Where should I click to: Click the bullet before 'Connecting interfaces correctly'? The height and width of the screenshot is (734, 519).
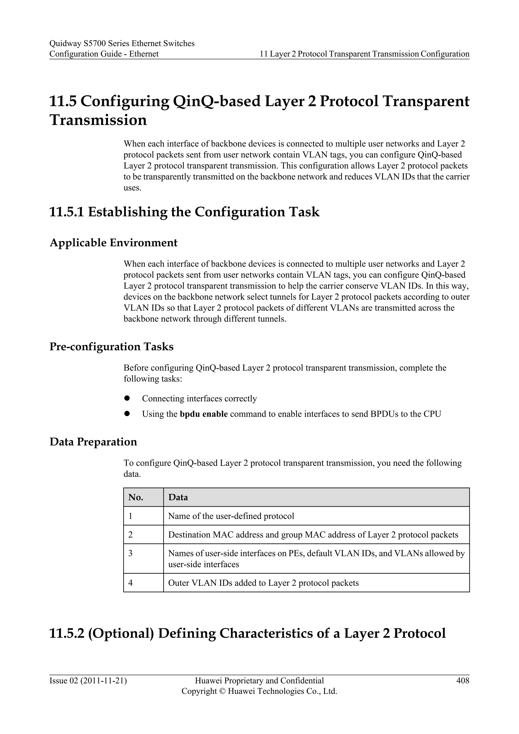pos(127,398)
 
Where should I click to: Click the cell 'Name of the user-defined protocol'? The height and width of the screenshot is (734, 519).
pos(231,516)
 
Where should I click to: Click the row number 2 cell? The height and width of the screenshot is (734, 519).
pos(131,535)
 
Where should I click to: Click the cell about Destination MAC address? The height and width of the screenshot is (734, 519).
pos(313,535)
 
